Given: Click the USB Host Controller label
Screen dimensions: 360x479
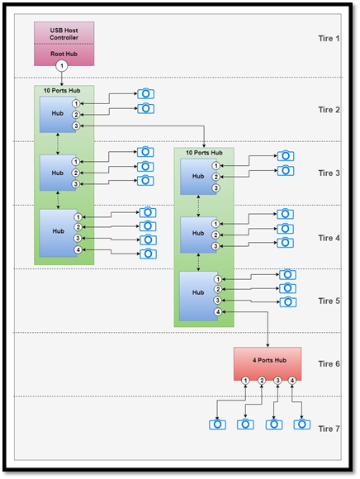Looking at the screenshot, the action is click(x=64, y=34).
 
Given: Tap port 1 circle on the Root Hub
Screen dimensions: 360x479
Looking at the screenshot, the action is click(x=62, y=66).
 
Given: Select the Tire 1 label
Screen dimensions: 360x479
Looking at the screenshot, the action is click(x=329, y=39).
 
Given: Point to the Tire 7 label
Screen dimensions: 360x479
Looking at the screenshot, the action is click(x=329, y=429).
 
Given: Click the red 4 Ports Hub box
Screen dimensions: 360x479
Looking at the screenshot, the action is click(x=268, y=363).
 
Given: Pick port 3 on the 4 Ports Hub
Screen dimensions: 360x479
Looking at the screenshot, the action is click(x=277, y=381).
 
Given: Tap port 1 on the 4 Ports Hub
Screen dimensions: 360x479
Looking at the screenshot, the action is click(x=245, y=381).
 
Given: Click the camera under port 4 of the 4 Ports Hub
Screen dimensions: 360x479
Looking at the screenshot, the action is click(x=302, y=424).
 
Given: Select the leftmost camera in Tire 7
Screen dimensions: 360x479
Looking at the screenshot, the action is click(x=217, y=424).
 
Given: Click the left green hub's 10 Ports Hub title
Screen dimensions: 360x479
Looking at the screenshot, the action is click(x=62, y=90).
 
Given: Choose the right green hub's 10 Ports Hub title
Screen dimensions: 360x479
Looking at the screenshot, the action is click(x=204, y=153).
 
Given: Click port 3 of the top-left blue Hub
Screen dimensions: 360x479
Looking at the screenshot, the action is click(x=76, y=126).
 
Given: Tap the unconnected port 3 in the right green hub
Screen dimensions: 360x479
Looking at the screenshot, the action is click(x=216, y=187).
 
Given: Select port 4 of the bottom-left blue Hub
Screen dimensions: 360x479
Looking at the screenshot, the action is click(x=78, y=250).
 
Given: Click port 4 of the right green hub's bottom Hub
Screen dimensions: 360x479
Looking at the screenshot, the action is click(x=218, y=312).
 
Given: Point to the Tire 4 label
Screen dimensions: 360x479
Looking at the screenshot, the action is click(x=329, y=238).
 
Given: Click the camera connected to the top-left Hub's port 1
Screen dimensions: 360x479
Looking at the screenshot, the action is click(x=145, y=93).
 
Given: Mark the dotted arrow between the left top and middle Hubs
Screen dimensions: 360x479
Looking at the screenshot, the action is click(x=58, y=144).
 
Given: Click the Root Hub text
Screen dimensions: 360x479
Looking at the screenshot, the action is click(x=64, y=54).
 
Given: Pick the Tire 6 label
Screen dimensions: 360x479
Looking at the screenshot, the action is click(x=329, y=364).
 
